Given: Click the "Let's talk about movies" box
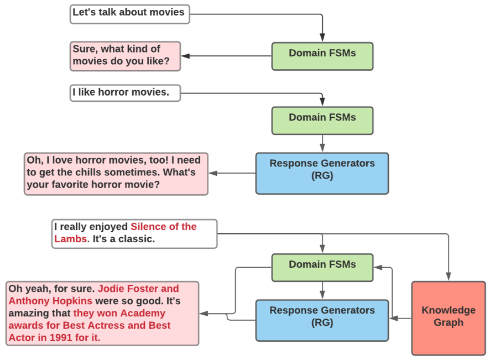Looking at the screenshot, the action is (x=129, y=14).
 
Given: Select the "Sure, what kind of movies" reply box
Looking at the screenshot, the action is (x=126, y=56).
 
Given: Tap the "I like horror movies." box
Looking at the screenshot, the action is (x=126, y=93).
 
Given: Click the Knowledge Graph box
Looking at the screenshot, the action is (x=449, y=318).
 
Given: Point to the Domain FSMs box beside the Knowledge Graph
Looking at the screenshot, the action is (x=322, y=268).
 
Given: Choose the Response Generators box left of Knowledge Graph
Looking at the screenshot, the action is (x=322, y=320).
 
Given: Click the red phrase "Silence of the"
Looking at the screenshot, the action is (x=164, y=227).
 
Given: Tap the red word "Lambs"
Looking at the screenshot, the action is (x=70, y=239).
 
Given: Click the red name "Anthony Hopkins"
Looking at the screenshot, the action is (x=50, y=301).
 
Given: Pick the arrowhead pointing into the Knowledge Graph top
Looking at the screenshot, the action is (x=449, y=276).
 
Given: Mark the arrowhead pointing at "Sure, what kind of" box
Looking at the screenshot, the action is (x=186, y=56).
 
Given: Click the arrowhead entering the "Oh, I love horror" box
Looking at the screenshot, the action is (x=213, y=173).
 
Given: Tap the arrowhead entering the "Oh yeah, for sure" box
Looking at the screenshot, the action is (x=204, y=313).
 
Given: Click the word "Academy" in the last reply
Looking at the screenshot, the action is (x=143, y=313).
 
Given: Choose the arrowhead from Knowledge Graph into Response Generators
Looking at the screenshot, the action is (x=394, y=318).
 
